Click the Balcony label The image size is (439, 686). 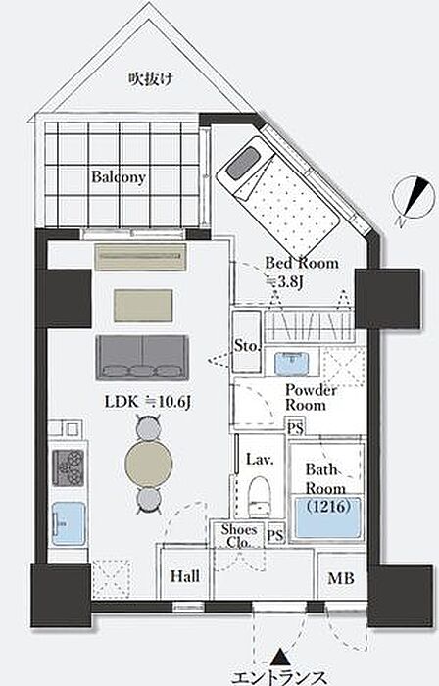118,177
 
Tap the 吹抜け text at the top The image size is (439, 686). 150,78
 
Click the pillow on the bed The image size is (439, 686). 243,163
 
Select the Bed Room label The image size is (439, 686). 302,263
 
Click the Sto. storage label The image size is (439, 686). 247,346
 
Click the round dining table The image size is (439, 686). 149,464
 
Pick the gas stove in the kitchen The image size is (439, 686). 69,467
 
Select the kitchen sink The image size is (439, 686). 69,523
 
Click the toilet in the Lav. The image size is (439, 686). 260,497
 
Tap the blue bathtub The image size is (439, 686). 328,517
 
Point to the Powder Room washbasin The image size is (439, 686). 292,364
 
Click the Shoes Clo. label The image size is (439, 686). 238,536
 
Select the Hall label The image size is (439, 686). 185,576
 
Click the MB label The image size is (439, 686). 341,578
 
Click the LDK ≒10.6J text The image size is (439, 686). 147,402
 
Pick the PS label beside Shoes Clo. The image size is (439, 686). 275,535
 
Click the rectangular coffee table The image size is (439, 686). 143,306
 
